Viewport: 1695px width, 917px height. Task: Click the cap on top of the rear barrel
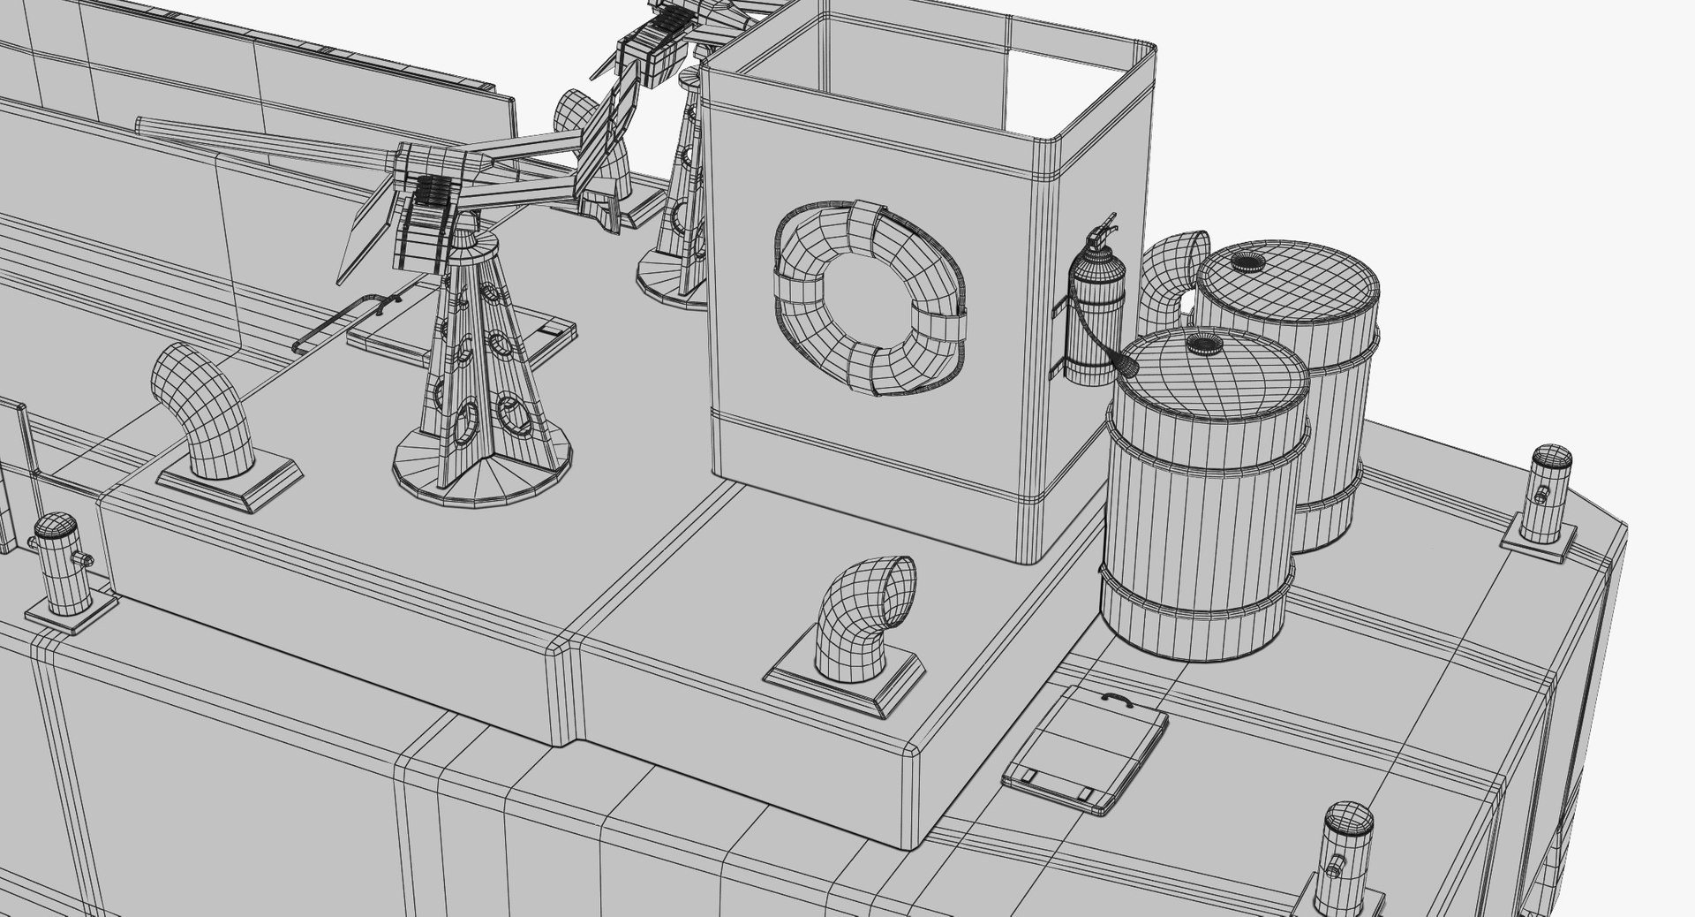[x=1247, y=260]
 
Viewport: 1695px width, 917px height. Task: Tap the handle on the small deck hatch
[x=1118, y=698]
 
